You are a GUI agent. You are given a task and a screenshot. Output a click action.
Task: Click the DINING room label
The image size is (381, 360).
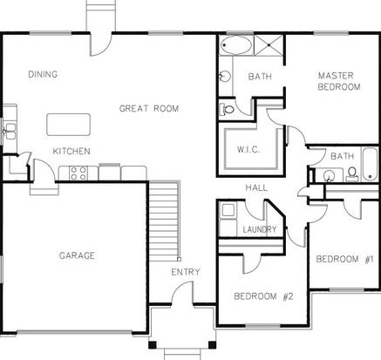pyautogui.click(x=43, y=74)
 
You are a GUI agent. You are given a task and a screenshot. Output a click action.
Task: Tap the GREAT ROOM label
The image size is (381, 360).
pyautogui.click(x=149, y=108)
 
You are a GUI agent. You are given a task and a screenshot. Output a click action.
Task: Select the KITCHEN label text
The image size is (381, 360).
pyautogui.click(x=71, y=151)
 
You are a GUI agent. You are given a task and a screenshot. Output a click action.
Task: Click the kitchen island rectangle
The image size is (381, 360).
pyautogui.click(x=68, y=125)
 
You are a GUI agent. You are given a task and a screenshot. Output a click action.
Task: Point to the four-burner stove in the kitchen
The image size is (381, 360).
pyautogui.click(x=78, y=173)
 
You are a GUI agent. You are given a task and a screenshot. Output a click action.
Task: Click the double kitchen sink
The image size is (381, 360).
pyautogui.click(x=10, y=131)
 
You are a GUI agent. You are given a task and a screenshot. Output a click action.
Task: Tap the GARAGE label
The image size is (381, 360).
pyautogui.click(x=77, y=255)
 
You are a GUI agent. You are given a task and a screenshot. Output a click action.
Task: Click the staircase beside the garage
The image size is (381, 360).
pyautogui.click(x=164, y=221)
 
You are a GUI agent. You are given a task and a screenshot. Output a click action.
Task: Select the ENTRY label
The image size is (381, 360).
pyautogui.click(x=186, y=272)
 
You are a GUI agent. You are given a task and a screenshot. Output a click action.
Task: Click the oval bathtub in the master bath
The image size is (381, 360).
pyautogui.click(x=236, y=45)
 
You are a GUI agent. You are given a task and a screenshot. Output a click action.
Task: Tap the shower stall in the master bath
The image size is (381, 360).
pyautogui.click(x=269, y=45)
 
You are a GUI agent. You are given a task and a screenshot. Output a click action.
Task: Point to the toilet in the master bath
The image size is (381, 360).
pyautogui.click(x=227, y=110)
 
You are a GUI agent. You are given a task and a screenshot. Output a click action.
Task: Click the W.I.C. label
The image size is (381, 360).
pyautogui.click(x=248, y=150)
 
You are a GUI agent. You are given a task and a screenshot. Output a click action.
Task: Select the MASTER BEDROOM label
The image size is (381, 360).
pyautogui.click(x=339, y=81)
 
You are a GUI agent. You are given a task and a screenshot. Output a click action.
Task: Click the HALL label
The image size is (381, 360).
pyautogui.click(x=256, y=187)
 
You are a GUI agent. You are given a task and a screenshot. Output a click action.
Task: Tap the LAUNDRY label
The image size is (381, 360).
pyautogui.click(x=260, y=229)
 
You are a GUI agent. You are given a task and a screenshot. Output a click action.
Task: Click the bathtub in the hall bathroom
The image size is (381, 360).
pyautogui.click(x=370, y=165)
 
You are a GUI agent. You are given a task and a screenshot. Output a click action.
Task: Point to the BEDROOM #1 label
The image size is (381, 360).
pyautogui.click(x=345, y=259)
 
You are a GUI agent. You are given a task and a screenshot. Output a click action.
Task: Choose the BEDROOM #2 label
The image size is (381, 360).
pyautogui.click(x=263, y=296)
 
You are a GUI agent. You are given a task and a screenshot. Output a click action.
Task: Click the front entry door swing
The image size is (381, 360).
pyautogui.click(x=182, y=292)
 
